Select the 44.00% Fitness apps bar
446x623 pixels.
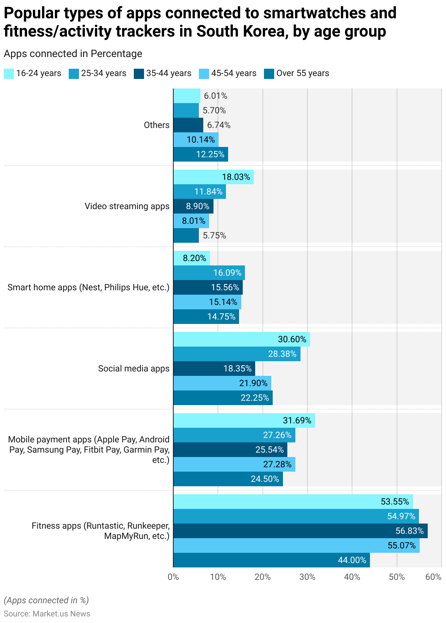click(272, 560)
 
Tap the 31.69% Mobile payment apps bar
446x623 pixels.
click(244, 420)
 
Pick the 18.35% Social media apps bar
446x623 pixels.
click(214, 369)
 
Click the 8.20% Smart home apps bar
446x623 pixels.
click(192, 258)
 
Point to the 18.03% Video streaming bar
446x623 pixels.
click(213, 177)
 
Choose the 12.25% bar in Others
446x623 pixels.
click(201, 154)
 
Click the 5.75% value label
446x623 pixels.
click(215, 235)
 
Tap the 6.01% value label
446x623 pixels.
click(216, 96)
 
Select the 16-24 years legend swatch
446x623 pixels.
click(9, 73)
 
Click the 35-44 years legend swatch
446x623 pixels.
click(139, 73)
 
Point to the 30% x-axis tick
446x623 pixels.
click(307, 577)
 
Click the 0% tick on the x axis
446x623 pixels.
click(173, 577)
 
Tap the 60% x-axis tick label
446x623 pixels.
click(434, 577)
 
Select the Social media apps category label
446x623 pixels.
click(134, 369)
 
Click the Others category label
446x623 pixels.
click(156, 125)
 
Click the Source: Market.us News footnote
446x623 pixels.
click(47, 613)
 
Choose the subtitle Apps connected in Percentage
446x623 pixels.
click(73, 54)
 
